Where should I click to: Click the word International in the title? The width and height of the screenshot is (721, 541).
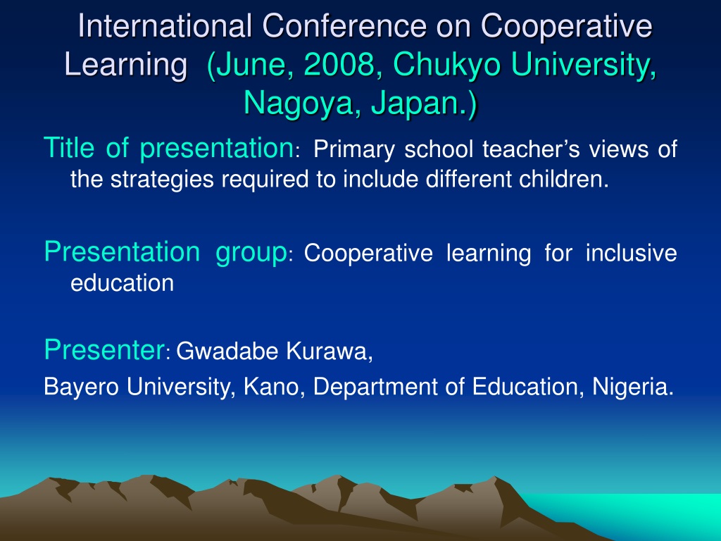click(x=165, y=26)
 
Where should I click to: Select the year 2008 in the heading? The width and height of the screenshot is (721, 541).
click(x=339, y=64)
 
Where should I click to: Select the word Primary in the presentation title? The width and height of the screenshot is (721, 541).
click(x=354, y=150)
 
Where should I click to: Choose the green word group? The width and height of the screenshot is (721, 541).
click(x=251, y=253)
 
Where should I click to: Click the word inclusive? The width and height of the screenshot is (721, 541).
click(x=632, y=253)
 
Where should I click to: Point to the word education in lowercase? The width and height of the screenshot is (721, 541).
click(x=123, y=282)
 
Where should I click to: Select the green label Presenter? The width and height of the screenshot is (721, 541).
click(x=104, y=349)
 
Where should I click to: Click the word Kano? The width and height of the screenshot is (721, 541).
click(x=271, y=387)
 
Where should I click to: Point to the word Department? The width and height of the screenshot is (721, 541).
click(x=375, y=387)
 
